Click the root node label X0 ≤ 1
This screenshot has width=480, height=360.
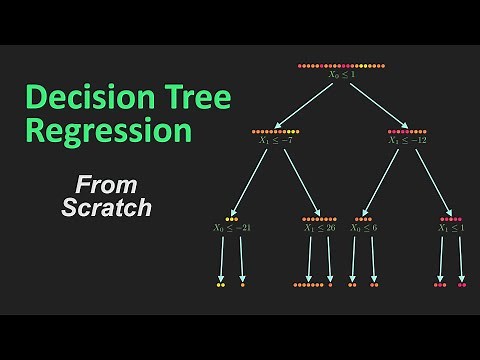[x=340, y=75]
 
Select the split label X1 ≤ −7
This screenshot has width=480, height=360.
[x=276, y=140]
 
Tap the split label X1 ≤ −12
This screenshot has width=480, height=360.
[x=408, y=140]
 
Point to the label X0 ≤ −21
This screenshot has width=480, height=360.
[x=232, y=228]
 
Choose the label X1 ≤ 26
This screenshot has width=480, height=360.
[x=320, y=228]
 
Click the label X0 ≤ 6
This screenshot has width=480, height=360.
[x=363, y=228]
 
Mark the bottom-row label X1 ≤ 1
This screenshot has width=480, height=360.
[x=450, y=228]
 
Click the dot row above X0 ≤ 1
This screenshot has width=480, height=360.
[x=340, y=66]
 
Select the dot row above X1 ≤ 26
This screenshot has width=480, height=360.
[x=319, y=219]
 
